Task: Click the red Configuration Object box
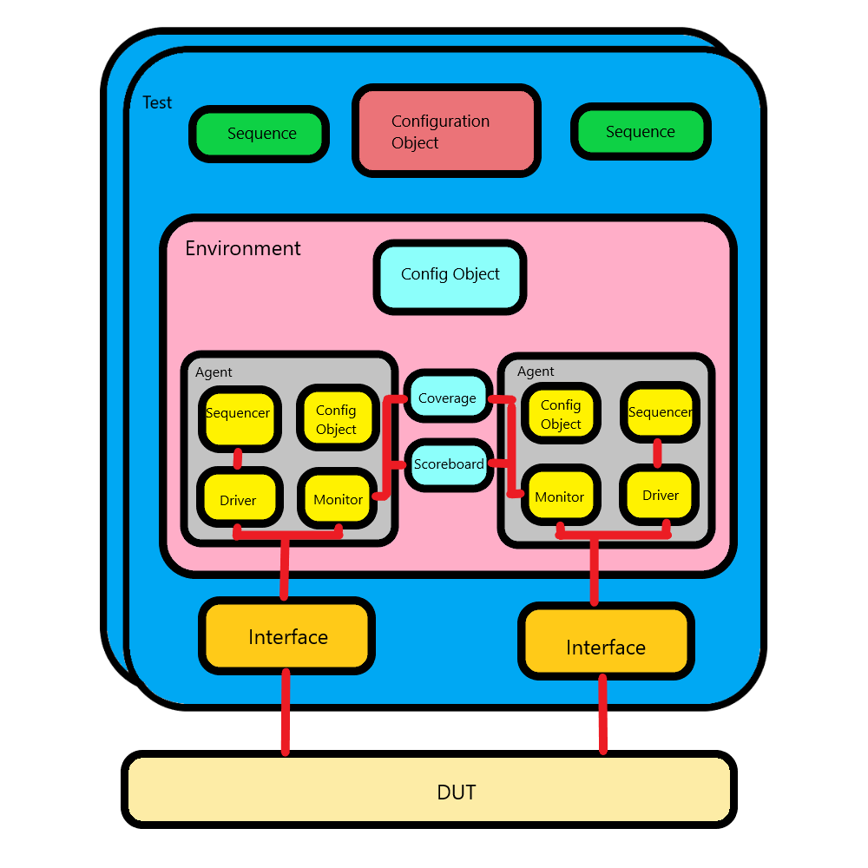click(446, 131)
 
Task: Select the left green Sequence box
click(259, 134)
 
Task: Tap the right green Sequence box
click(641, 132)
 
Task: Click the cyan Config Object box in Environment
click(450, 277)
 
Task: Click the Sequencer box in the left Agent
click(240, 418)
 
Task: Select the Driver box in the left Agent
click(240, 496)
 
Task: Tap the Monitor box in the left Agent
click(338, 497)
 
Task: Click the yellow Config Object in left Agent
click(338, 418)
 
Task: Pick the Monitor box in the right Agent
click(561, 495)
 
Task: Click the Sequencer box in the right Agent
click(660, 412)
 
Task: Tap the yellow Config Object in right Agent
click(561, 413)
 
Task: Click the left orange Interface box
click(286, 635)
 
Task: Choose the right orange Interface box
click(606, 641)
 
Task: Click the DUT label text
click(457, 792)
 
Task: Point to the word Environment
click(242, 248)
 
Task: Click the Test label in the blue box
click(157, 102)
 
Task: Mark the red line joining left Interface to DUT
click(286, 713)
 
